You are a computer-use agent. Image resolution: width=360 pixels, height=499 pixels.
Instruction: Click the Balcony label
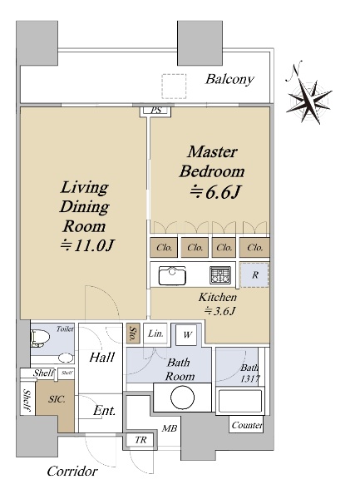click(229, 79)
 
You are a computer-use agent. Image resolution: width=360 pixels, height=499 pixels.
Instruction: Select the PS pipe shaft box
click(155, 111)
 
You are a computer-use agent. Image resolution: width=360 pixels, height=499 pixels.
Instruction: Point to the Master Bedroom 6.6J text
click(213, 171)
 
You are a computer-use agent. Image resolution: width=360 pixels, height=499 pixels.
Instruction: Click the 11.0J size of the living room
click(87, 245)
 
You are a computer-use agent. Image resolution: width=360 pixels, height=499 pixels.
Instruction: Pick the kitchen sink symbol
click(172, 275)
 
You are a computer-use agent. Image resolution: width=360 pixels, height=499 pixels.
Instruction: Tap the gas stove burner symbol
click(220, 275)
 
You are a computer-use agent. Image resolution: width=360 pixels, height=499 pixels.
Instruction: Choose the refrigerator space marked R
click(254, 275)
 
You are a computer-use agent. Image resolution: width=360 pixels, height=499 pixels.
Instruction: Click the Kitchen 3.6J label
click(218, 304)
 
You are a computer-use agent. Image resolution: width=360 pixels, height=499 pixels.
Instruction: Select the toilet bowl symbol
click(40, 338)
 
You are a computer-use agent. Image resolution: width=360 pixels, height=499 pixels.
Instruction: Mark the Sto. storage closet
click(132, 333)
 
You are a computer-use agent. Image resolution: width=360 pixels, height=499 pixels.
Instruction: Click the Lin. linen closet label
click(155, 333)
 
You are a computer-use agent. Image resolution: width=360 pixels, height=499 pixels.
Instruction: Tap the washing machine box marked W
click(187, 335)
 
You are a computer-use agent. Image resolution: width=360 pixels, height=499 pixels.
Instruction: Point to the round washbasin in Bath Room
click(183, 398)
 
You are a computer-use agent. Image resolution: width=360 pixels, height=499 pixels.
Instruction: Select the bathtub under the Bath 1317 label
click(239, 402)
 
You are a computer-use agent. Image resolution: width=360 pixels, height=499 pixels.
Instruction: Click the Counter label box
click(246, 425)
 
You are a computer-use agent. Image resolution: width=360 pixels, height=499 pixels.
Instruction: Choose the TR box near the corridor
click(141, 440)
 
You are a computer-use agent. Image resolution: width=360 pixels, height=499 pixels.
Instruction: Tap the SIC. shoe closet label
click(57, 398)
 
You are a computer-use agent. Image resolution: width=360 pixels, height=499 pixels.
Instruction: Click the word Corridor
click(72, 472)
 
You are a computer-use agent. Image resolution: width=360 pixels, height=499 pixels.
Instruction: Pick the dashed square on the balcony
click(174, 86)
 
